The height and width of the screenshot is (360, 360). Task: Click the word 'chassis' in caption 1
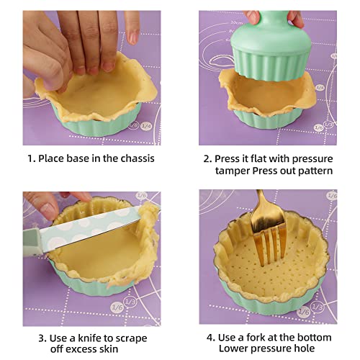point(132,158)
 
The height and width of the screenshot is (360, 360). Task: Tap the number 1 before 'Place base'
point(30,158)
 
